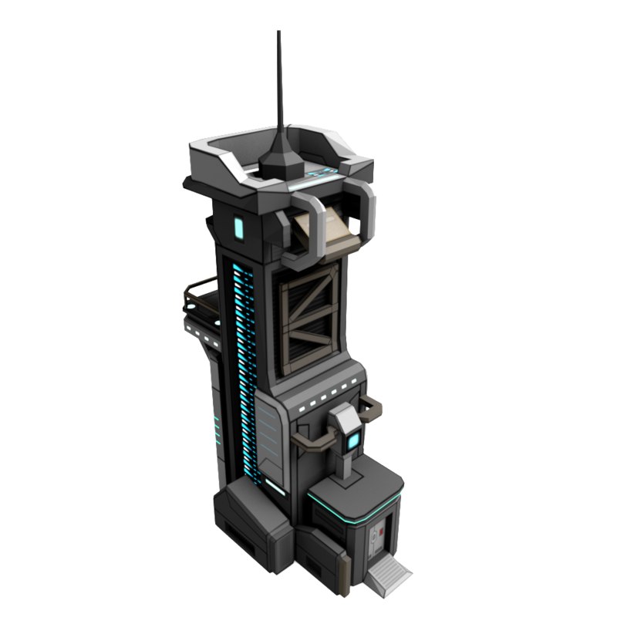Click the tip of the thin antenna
278,33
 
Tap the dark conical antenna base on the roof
279,161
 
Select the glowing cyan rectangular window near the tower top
239,228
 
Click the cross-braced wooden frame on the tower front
308,316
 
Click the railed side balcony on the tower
199,301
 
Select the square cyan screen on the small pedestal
354,442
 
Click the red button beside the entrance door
379,531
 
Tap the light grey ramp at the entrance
390,575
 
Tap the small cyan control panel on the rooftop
320,174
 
